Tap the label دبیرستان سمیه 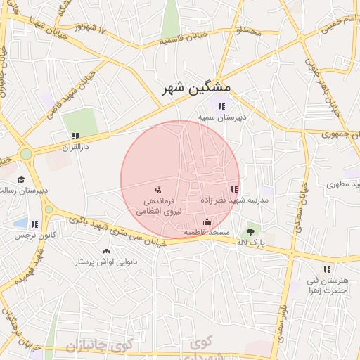click(x=222, y=117)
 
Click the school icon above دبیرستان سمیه click(x=222, y=106)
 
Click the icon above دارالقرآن click(x=75, y=136)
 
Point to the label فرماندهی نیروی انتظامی click(x=158, y=205)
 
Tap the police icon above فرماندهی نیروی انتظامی click(x=158, y=189)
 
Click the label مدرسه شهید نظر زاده click(x=235, y=200)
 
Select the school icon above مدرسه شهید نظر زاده click(x=234, y=189)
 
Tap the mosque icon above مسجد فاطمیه click(x=207, y=222)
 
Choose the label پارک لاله click(x=251, y=243)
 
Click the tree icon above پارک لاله click(x=251, y=231)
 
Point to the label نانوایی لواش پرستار click(x=105, y=262)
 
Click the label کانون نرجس click(x=34, y=236)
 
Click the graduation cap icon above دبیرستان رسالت click(x=21, y=179)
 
